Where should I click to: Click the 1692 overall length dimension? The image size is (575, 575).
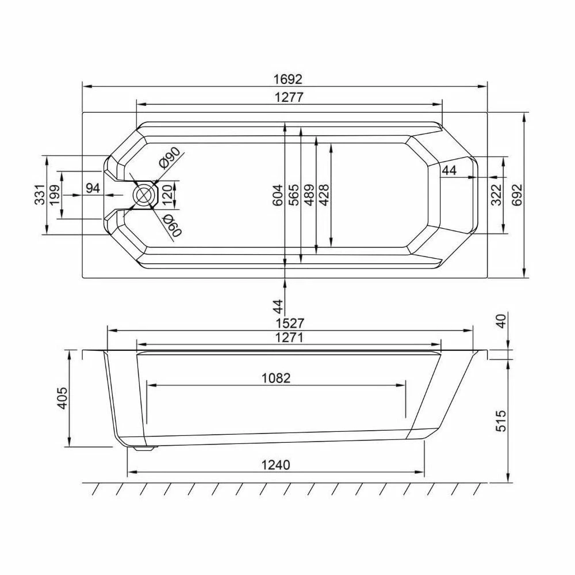pyautogui.click(x=288, y=79)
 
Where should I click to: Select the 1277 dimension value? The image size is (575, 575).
pyautogui.click(x=289, y=97)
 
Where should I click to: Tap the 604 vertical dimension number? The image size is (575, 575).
pyautogui.click(x=278, y=194)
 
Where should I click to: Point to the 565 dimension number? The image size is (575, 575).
pyautogui.click(x=294, y=194)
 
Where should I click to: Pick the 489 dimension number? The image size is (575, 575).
pyautogui.click(x=309, y=194)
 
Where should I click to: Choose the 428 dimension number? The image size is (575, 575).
pyautogui.click(x=324, y=194)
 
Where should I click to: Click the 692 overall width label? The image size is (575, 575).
pyautogui.click(x=516, y=195)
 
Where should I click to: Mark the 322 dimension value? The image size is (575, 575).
pyautogui.click(x=496, y=195)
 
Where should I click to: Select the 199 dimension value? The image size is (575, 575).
pyautogui.click(x=55, y=195)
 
